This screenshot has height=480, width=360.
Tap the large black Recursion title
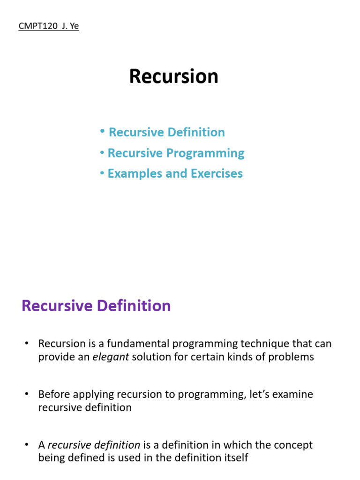point(173,76)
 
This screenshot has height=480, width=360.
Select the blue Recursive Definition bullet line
point(166,132)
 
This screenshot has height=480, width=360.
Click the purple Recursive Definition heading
point(96,306)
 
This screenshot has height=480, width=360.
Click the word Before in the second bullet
point(53,394)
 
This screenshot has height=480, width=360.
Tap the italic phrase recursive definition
point(94,444)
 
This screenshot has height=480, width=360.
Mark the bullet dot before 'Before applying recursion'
point(27,394)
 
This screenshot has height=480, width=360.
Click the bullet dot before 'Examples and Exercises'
point(102,173)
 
